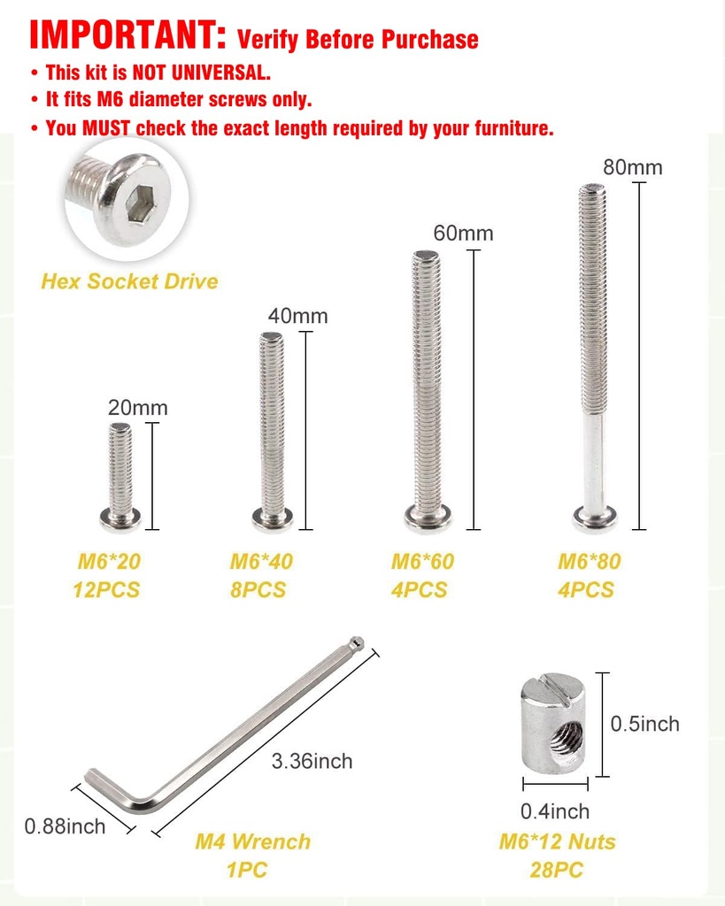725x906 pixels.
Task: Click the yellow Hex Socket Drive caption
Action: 129,281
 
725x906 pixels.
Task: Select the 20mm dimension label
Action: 137,408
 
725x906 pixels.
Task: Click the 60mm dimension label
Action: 463,234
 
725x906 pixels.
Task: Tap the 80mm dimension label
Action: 632,167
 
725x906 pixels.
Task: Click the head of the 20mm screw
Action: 120,518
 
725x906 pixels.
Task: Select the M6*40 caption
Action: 261,561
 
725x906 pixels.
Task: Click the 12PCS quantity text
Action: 106,589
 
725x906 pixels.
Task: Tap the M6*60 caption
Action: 422,561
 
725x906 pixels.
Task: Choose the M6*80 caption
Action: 589,561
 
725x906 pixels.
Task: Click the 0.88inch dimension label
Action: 65,826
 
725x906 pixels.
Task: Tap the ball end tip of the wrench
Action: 356,641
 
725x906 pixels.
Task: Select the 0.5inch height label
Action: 644,724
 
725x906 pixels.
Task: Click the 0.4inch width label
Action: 554,810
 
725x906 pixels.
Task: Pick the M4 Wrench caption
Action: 252,841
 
